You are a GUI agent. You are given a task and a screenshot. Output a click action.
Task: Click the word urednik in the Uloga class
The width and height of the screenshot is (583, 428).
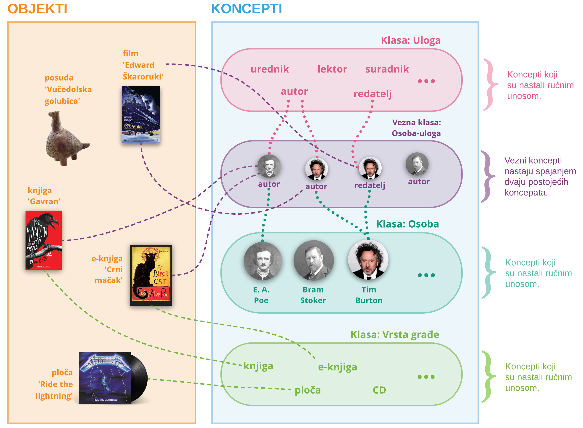(x=269, y=69)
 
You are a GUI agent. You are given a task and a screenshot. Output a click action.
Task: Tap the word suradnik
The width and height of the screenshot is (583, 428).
(x=387, y=69)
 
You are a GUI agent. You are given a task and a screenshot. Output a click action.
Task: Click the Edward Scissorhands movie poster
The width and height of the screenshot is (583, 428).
(x=141, y=114)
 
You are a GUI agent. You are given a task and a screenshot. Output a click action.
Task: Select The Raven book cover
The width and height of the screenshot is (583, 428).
(x=44, y=240)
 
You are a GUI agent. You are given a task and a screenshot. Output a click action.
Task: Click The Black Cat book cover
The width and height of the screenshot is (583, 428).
(x=151, y=275)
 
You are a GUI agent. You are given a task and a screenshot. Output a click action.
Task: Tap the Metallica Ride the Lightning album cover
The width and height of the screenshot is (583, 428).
(x=105, y=378)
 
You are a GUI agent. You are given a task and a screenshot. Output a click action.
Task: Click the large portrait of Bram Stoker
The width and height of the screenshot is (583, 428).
(x=314, y=261)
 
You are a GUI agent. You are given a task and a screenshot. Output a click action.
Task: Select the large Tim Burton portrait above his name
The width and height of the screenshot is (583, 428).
(x=368, y=260)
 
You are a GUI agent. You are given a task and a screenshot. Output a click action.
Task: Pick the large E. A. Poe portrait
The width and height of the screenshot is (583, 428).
(x=263, y=261)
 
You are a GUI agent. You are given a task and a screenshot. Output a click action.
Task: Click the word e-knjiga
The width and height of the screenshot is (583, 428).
(x=337, y=367)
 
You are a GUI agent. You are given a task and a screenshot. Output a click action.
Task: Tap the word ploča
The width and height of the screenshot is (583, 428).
(x=308, y=390)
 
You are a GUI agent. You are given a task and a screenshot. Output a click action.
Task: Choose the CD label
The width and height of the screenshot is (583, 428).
(x=379, y=390)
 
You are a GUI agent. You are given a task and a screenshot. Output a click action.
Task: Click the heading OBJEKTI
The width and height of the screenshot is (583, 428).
(x=37, y=9)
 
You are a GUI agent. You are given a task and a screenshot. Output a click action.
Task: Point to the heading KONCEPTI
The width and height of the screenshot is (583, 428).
(x=246, y=9)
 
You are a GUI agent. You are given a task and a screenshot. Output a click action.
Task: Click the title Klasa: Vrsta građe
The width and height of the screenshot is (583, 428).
(x=395, y=335)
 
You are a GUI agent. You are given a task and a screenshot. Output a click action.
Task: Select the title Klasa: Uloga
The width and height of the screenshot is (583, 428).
(x=411, y=40)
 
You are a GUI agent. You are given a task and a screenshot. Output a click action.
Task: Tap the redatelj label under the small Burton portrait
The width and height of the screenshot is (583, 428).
(x=369, y=185)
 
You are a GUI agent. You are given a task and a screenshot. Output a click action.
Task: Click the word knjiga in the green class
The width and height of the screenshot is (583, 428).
(x=258, y=366)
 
